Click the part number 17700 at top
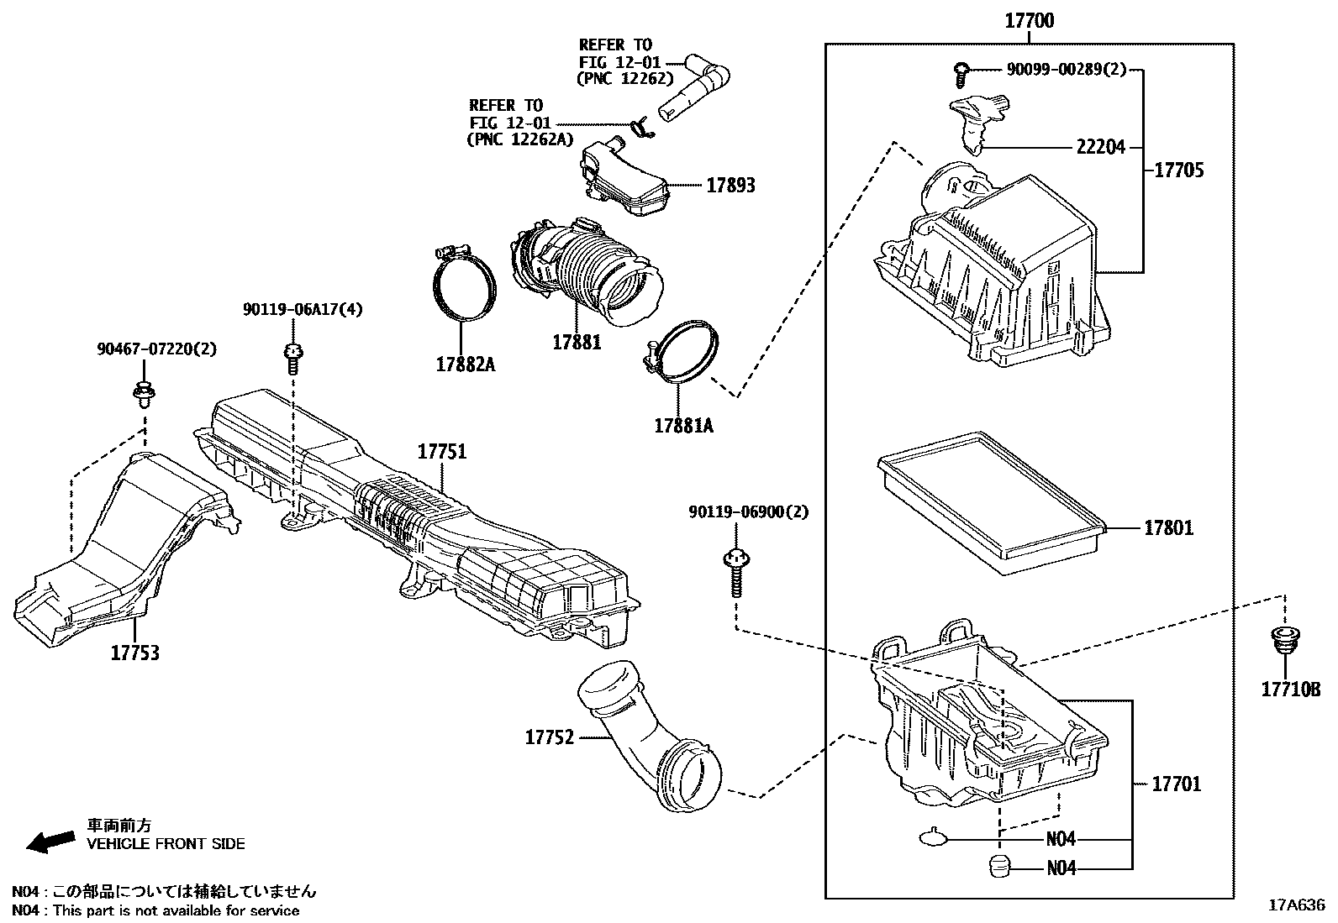pos(1030,20)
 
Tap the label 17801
pos(1167,528)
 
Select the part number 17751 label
pos(442,453)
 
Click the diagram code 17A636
pos(1296,905)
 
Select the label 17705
pos(1178,170)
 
